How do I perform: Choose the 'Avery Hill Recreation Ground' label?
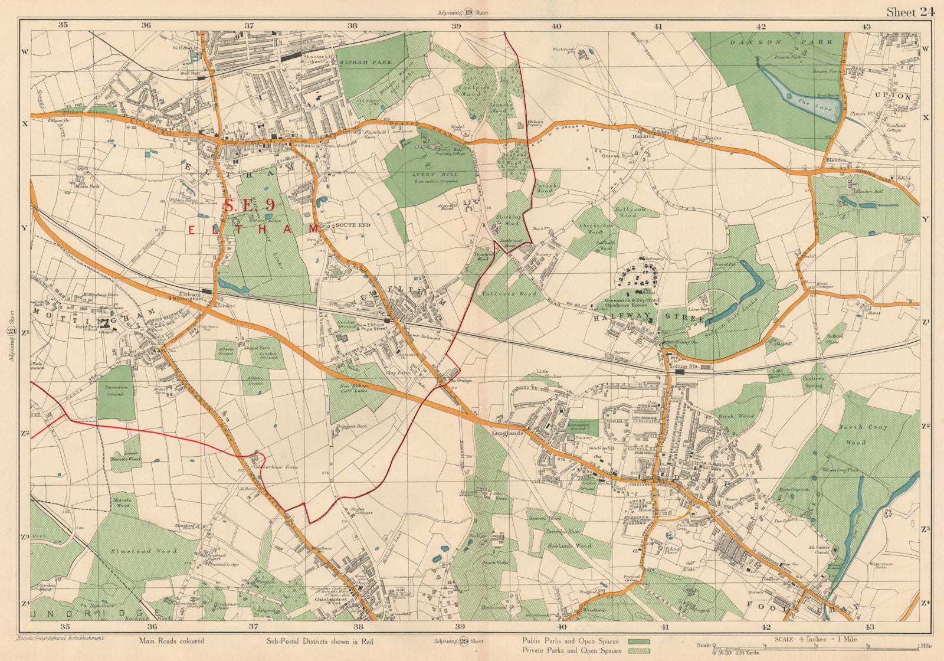pyautogui.click(x=435, y=179)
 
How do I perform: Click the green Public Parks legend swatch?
pyautogui.click(x=638, y=641)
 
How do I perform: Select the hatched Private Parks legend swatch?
pyautogui.click(x=638, y=651)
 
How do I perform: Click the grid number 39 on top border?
pyautogui.click(x=455, y=26)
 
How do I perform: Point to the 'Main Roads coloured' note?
pyautogui.click(x=172, y=641)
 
